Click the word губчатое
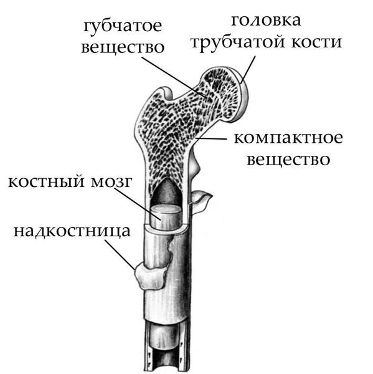point(123,27)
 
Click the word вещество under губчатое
point(123,47)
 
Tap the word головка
point(266,21)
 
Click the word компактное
point(288,138)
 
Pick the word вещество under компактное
point(288,160)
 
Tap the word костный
point(47,182)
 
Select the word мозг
point(111,183)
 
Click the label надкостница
point(72,231)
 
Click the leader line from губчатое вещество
point(174,77)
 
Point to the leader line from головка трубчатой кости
point(248,70)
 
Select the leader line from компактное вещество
point(210,138)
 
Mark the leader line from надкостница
point(120,255)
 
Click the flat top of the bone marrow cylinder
point(166,209)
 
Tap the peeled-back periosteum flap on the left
point(149,276)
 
